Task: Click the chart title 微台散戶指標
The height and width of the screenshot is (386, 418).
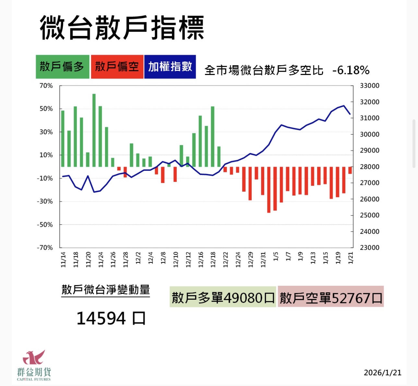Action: click(122, 28)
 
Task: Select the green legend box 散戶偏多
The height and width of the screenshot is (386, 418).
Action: click(62, 67)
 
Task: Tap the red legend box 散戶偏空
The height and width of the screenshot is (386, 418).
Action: click(117, 67)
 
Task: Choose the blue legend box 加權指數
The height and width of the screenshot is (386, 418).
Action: click(170, 67)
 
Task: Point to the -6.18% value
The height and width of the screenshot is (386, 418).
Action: click(351, 70)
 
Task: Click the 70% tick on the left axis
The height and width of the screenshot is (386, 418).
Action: click(46, 86)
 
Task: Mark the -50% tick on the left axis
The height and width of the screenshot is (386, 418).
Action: click(45, 224)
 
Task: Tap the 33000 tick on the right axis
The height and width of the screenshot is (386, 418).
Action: click(370, 86)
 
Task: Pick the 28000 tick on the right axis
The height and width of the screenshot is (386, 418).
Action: click(370, 167)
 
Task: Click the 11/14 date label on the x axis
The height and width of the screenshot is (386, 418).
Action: click(63, 259)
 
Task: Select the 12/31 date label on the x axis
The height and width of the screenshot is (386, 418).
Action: click(263, 259)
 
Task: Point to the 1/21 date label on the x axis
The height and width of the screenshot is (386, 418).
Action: click(351, 259)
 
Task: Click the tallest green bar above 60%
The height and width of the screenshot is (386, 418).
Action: click(94, 130)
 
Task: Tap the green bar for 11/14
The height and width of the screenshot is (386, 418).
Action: click(63, 139)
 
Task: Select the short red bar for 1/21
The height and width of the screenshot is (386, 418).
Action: click(350, 170)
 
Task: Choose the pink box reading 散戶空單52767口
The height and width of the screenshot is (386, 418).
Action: click(331, 297)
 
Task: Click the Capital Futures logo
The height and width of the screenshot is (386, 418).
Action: click(34, 365)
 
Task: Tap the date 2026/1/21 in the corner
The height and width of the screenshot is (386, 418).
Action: click(383, 373)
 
